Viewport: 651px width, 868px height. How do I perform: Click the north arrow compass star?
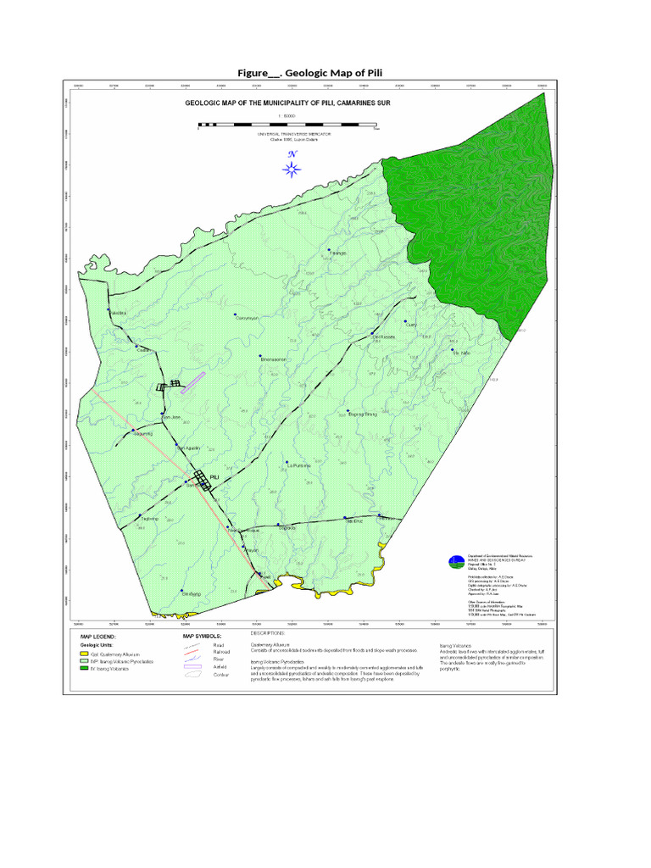pos(291,168)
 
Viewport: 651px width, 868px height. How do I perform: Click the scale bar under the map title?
pos(289,125)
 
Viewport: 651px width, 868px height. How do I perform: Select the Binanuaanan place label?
pos(275,359)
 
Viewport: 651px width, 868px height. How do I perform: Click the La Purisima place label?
pos(298,466)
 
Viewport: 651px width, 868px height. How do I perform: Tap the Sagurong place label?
pos(142,432)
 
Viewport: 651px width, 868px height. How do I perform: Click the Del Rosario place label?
pos(383,337)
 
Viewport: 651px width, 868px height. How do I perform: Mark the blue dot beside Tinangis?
pos(328,250)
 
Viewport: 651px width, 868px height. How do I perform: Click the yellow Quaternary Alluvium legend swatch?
pos(84,654)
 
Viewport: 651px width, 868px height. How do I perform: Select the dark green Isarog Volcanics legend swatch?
pos(84,668)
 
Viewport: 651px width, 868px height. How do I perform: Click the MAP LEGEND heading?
pos(98,635)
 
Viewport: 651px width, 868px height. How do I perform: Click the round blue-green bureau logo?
pos(456,560)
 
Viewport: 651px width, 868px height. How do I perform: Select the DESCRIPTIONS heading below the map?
pos(269,632)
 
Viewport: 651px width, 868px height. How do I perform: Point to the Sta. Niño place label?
pos(461,353)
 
